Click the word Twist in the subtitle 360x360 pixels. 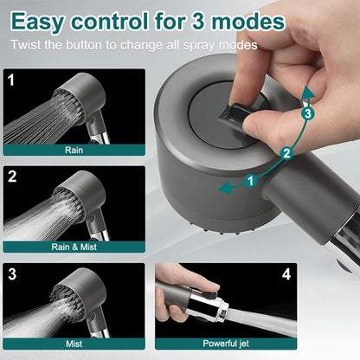28,44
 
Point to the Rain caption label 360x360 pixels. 74,150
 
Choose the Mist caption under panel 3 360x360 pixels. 74,342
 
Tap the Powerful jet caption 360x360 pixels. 227,342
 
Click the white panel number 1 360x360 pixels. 10,80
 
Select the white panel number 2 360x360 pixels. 11,177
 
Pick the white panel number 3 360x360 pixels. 11,274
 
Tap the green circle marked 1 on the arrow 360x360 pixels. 251,181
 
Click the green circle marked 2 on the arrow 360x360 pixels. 285,153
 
